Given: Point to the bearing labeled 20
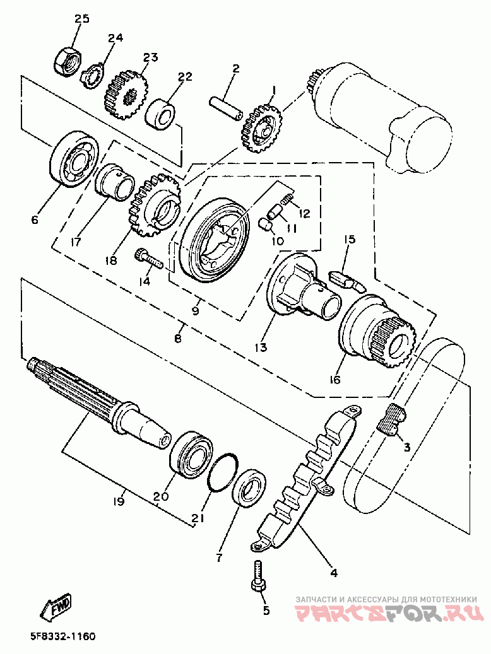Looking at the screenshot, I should pos(192,452).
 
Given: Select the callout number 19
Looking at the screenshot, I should pos(119,501).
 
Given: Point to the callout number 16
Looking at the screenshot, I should pos(334,379).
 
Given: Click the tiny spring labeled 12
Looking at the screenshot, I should pos(287,201).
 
